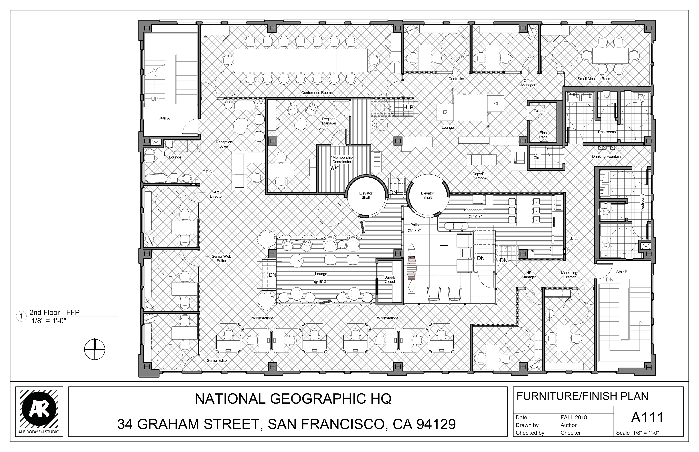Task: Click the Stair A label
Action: [x=164, y=118]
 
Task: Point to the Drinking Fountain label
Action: [x=606, y=157]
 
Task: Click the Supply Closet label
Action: [x=390, y=279]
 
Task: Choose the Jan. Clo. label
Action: [x=537, y=156]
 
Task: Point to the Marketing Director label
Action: [x=569, y=275]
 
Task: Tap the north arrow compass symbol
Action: [x=94, y=349]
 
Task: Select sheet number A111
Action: [x=647, y=418]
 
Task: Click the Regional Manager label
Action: [x=329, y=121]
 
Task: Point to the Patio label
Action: [x=414, y=225]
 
